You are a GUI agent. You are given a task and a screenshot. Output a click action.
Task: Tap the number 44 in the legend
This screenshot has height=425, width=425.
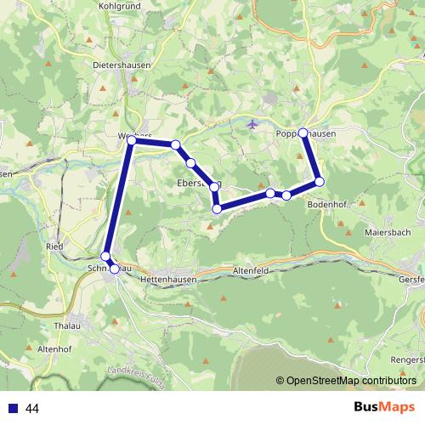pos(33,409)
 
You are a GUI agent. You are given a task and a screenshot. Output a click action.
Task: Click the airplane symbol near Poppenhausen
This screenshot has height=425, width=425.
pos(251,126)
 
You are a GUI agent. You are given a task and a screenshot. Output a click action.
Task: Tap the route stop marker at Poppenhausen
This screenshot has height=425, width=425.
pos(303,133)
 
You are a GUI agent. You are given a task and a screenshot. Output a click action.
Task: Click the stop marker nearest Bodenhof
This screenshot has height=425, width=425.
pos(320,181)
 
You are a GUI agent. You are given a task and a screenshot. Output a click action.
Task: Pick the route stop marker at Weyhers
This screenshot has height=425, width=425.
pos(132,140)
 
